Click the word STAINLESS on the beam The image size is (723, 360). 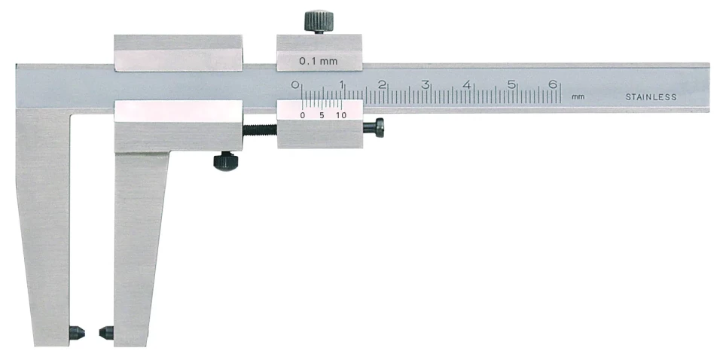(651, 97)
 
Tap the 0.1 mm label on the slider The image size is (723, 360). (318, 62)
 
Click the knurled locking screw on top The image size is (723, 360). (319, 20)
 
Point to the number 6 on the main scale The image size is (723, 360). (553, 84)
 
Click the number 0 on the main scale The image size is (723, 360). (296, 84)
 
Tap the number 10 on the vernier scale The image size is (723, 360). (340, 115)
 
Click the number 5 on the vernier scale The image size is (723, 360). (322, 115)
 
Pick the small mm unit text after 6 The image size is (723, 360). (578, 97)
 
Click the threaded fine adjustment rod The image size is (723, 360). (260, 127)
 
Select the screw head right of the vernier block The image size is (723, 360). (374, 128)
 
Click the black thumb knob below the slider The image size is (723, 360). (224, 161)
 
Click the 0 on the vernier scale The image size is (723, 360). (303, 115)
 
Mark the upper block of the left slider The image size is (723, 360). (178, 52)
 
